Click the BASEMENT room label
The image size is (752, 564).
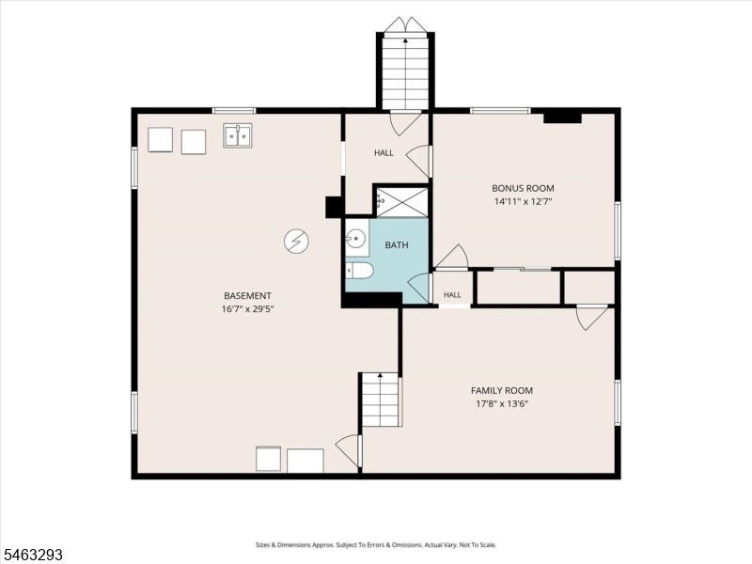click(x=247, y=296)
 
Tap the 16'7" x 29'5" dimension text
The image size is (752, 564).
click(x=247, y=309)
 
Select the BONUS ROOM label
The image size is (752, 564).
click(x=523, y=189)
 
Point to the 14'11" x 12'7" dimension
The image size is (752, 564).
click(x=524, y=202)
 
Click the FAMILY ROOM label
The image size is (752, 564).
click(x=502, y=391)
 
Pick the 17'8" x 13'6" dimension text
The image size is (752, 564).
click(x=502, y=404)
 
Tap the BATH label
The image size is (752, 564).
click(x=397, y=245)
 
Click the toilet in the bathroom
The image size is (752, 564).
click(x=359, y=271)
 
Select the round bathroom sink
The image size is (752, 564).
click(x=355, y=239)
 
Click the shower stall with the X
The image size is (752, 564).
click(x=402, y=201)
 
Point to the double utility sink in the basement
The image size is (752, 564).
click(x=239, y=135)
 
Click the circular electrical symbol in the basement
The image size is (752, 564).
click(x=296, y=242)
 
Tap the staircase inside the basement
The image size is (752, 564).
click(x=381, y=399)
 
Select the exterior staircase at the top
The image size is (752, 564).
click(x=406, y=73)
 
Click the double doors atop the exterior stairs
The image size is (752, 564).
click(x=406, y=25)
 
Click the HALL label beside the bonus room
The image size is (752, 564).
click(x=384, y=153)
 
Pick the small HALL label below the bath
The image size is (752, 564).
click(x=452, y=295)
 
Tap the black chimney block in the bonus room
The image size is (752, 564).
click(x=562, y=117)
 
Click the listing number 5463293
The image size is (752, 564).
click(x=32, y=555)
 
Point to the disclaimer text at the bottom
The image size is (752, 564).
click(x=376, y=545)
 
